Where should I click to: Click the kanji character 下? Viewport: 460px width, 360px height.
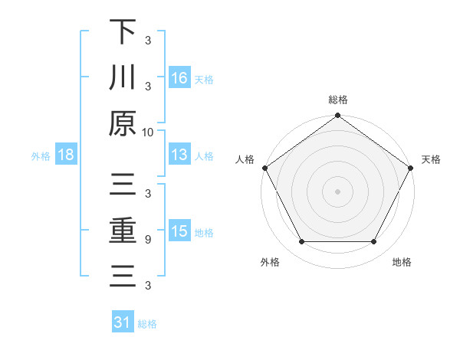click(123, 33)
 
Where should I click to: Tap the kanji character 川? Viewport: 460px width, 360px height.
click(123, 78)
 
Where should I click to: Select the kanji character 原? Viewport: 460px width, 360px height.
click(123, 123)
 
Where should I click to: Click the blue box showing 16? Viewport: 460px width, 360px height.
click(179, 78)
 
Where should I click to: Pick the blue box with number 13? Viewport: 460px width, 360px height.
click(179, 155)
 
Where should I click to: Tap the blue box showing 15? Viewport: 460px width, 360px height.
click(179, 232)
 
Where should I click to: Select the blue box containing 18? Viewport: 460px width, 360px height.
click(66, 155)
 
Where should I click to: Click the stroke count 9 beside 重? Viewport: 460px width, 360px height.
click(147, 239)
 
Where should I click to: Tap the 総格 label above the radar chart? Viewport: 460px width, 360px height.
click(337, 100)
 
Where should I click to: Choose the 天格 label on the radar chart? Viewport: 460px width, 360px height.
click(431, 159)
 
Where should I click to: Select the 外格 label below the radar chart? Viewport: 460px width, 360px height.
click(270, 263)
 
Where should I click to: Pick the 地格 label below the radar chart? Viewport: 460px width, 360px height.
click(402, 263)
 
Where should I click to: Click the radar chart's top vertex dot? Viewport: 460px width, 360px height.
click(337, 116)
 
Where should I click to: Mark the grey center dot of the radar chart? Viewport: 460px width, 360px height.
click(337, 191)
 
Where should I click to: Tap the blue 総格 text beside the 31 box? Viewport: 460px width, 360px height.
click(147, 324)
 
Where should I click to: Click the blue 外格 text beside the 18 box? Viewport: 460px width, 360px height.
click(41, 156)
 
